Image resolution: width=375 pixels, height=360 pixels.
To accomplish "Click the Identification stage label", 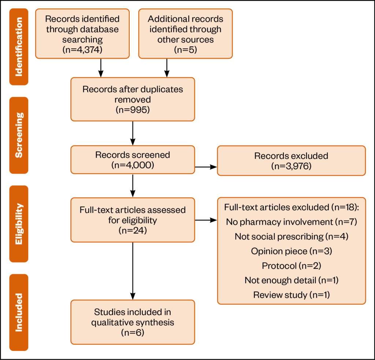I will (19, 47).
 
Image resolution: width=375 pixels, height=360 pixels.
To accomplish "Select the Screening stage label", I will (19, 136).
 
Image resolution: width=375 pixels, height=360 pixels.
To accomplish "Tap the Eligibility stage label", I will (19, 224).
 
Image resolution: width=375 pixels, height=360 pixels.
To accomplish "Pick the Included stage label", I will (19, 312).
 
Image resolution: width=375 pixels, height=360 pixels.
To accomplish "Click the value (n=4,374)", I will (82, 50).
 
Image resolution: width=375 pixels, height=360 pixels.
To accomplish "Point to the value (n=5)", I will (185, 50).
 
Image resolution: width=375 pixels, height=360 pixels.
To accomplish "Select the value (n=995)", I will (133, 110).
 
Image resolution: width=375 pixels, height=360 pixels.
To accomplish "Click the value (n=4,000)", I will (133, 165).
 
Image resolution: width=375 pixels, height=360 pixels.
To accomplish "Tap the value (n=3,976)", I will (291, 166).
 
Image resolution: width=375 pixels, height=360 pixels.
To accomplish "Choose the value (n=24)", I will (133, 230).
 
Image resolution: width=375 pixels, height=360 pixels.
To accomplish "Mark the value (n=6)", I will (133, 333).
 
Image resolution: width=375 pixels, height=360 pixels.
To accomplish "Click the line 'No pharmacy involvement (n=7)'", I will (291, 222).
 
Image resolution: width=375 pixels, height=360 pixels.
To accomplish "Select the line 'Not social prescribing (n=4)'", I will (291, 237).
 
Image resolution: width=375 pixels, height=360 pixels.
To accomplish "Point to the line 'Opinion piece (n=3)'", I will (291, 251).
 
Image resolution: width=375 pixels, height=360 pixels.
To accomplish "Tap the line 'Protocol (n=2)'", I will (291, 266).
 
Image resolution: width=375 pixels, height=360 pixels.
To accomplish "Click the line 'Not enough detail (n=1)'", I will (291, 281).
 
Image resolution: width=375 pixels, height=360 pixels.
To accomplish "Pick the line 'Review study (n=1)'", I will (291, 295).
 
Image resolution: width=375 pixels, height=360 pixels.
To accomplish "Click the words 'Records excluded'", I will (291, 156).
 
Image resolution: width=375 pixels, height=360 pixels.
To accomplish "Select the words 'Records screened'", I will (133, 155).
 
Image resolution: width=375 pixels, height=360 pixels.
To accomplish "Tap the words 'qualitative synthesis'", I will (133, 322).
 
